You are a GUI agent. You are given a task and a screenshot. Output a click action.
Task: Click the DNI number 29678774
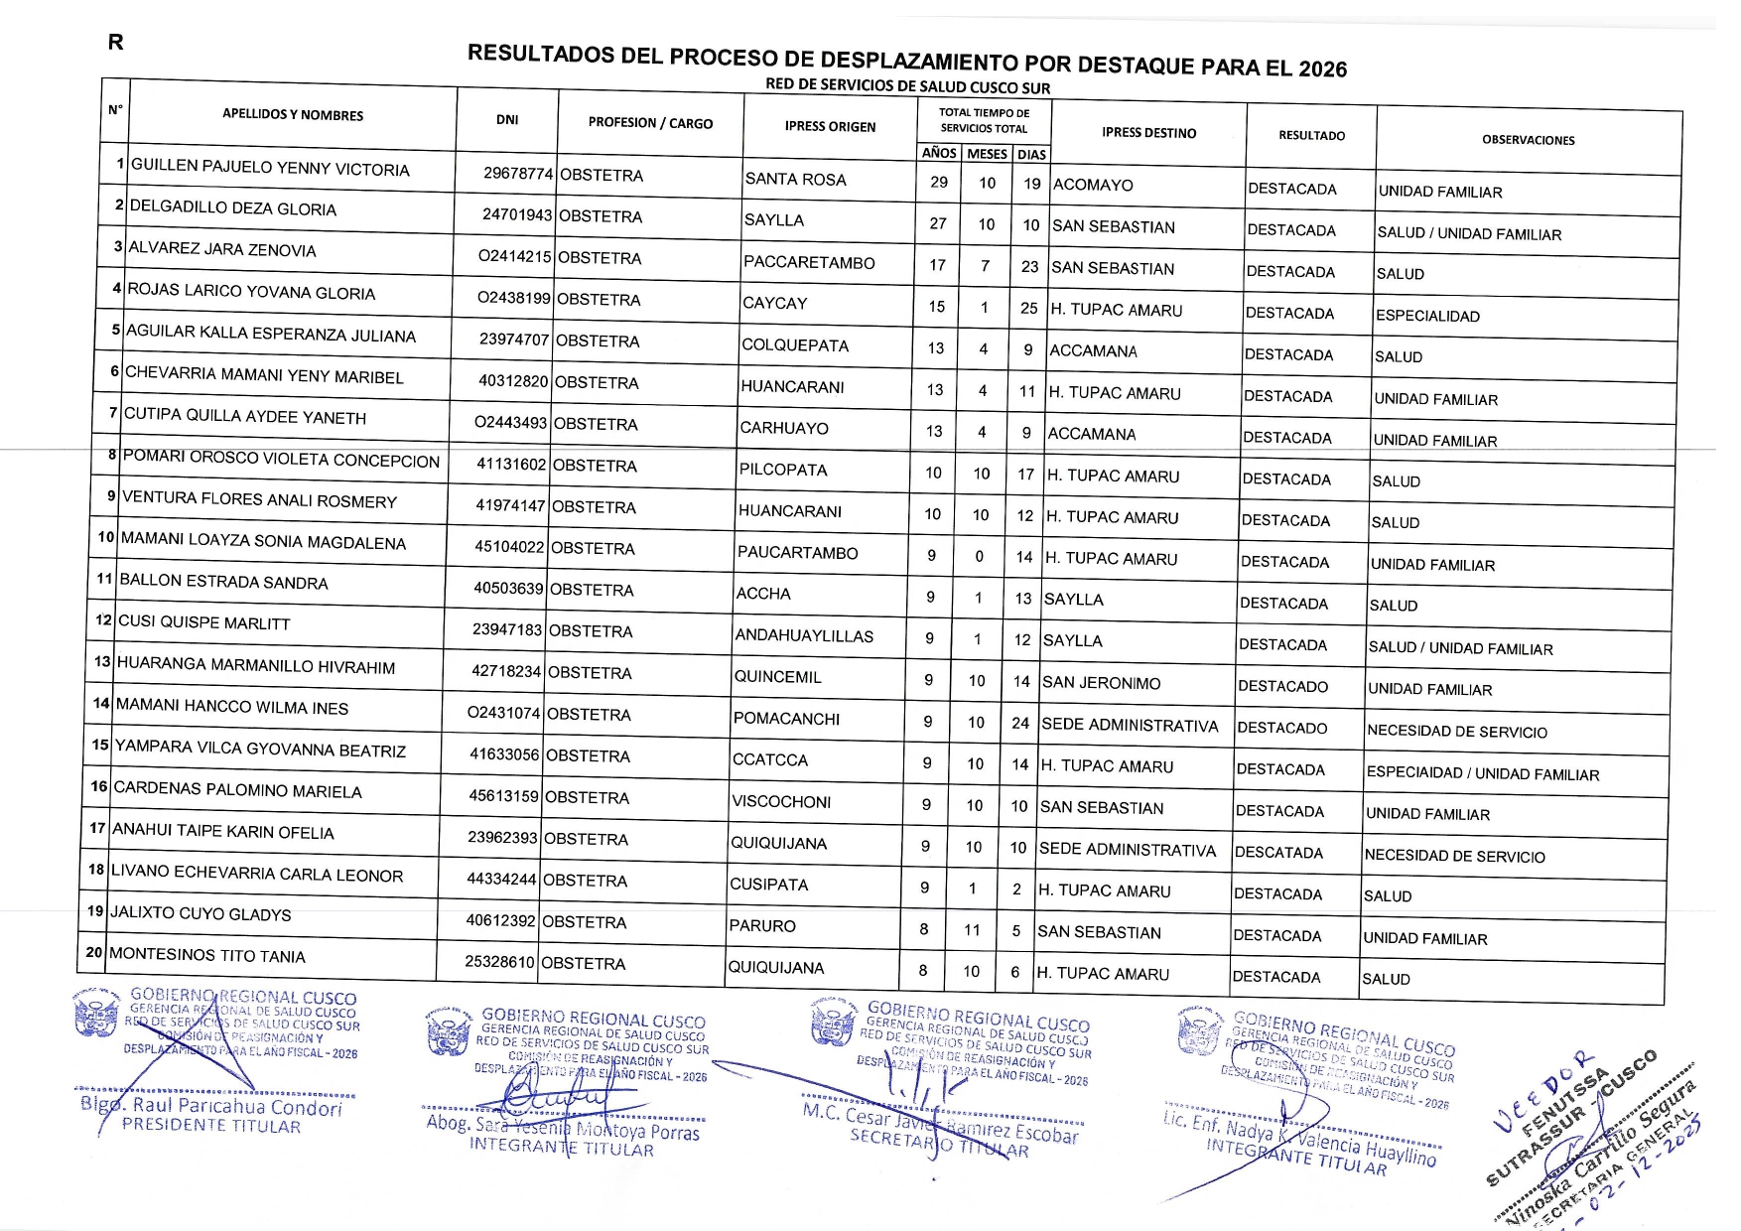tap(517, 174)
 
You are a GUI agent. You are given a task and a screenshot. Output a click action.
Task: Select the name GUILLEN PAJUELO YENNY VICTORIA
tap(270, 168)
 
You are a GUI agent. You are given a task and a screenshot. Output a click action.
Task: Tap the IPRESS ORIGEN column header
tap(830, 127)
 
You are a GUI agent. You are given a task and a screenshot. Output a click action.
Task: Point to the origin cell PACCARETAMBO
tap(809, 263)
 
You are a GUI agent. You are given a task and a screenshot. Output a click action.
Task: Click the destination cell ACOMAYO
tap(1093, 185)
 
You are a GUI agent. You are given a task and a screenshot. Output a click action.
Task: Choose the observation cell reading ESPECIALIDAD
tap(1427, 316)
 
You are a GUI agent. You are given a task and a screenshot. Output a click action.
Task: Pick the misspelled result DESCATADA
tap(1278, 853)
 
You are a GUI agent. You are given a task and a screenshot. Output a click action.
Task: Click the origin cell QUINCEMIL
tap(777, 677)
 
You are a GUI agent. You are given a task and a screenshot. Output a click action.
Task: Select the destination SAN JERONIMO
tap(1101, 683)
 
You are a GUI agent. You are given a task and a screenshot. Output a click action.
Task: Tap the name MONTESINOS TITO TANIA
tap(207, 955)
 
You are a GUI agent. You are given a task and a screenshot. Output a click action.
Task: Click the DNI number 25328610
tap(500, 962)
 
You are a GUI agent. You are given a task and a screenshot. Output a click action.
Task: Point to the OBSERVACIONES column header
tap(1528, 140)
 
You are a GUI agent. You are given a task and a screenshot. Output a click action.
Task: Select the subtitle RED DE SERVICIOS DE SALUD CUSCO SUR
tap(907, 86)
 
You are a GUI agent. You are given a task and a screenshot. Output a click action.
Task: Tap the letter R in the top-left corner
tap(116, 43)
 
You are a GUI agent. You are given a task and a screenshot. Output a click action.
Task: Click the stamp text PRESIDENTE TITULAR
tap(210, 1126)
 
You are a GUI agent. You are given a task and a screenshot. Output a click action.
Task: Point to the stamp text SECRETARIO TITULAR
tap(939, 1145)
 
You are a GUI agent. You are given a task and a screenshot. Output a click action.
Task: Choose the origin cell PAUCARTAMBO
tap(797, 553)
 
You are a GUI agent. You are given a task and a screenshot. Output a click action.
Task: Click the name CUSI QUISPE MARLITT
tap(204, 623)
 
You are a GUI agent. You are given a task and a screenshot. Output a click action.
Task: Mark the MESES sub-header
tap(987, 154)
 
